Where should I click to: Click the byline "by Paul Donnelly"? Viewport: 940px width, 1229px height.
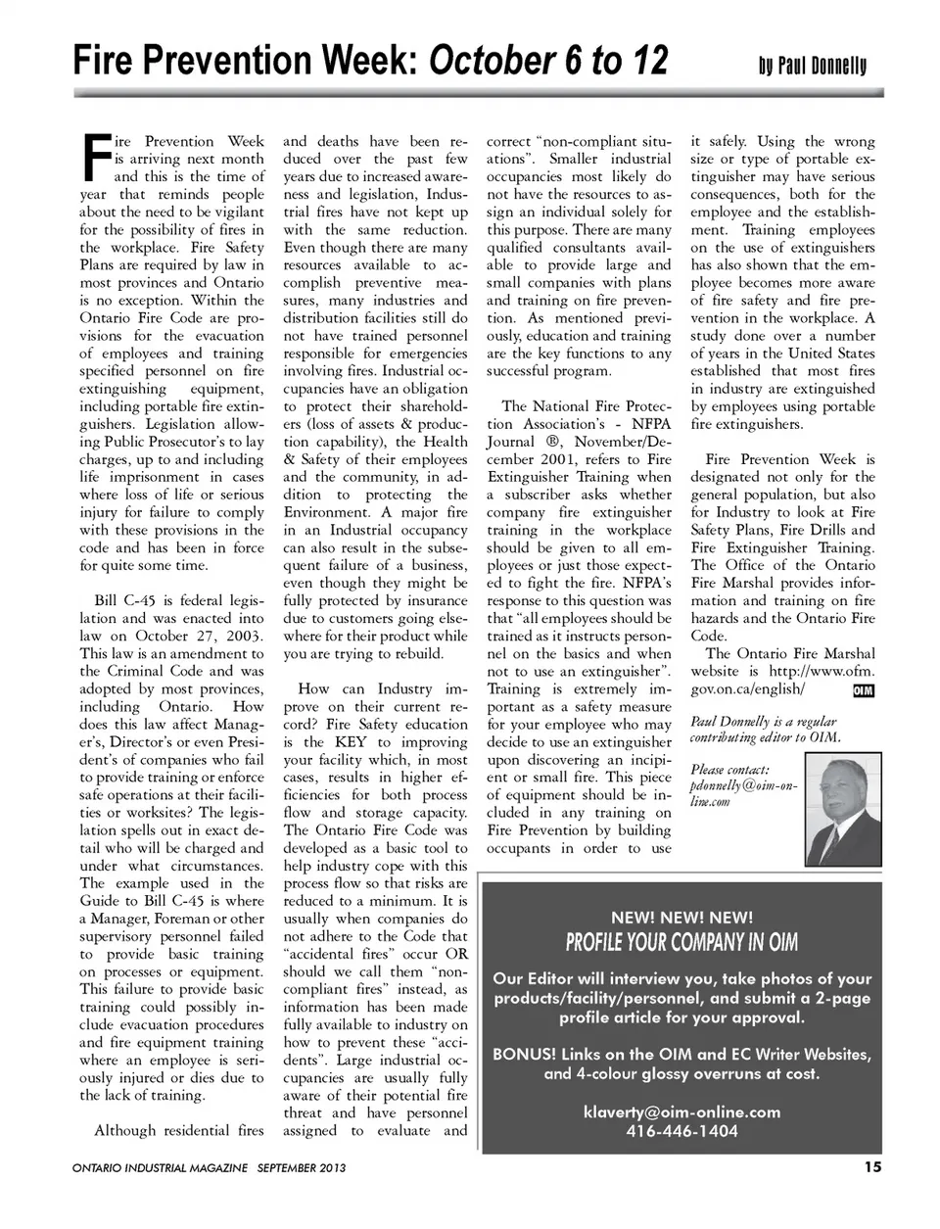coord(812,67)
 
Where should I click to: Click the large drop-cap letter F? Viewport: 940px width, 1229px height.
coord(94,159)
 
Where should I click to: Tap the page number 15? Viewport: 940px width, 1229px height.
coord(872,1165)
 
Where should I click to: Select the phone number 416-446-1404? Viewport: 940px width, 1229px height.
coord(681,1131)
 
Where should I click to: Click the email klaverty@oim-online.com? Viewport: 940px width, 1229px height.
coord(681,1111)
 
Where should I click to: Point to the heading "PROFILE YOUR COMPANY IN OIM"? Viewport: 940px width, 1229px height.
coord(681,943)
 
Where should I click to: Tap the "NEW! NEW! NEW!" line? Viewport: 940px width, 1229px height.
coord(681,918)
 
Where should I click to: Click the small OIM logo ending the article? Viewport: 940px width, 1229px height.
coord(863,690)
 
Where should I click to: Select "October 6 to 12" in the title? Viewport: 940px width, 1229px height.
coord(548,61)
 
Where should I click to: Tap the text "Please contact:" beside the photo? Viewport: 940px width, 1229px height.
coord(729,769)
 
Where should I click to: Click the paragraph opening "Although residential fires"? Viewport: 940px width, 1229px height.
coord(179,1131)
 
